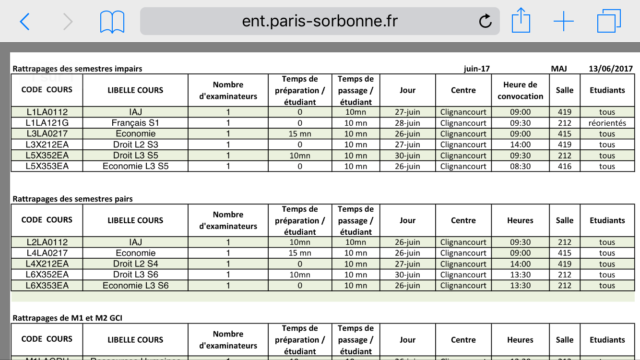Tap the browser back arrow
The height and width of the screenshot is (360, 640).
click(x=24, y=22)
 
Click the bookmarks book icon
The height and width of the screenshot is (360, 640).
click(x=112, y=22)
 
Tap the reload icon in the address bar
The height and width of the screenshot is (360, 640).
click(x=486, y=21)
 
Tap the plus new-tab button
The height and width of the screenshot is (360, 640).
click(x=563, y=22)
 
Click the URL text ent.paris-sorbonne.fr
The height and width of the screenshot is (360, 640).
click(x=320, y=21)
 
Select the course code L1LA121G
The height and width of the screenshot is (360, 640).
click(x=47, y=123)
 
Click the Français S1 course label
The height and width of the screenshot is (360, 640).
click(x=135, y=123)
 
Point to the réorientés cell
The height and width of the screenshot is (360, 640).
click(x=607, y=123)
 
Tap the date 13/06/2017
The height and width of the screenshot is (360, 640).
click(x=611, y=69)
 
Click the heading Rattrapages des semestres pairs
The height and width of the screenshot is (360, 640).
click(x=73, y=199)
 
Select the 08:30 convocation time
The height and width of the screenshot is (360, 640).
click(x=520, y=167)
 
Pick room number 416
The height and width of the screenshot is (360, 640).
click(x=565, y=167)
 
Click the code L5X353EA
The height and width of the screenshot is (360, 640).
click(x=47, y=167)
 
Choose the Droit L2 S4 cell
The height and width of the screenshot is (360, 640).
click(x=135, y=264)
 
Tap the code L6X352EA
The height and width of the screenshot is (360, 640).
click(x=47, y=275)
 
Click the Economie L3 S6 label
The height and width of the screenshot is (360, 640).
click(x=135, y=286)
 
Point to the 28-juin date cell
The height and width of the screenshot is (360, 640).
click(x=407, y=123)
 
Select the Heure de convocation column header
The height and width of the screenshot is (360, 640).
click(x=520, y=90)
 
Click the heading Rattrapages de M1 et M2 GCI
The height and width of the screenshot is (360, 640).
click(x=71, y=318)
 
